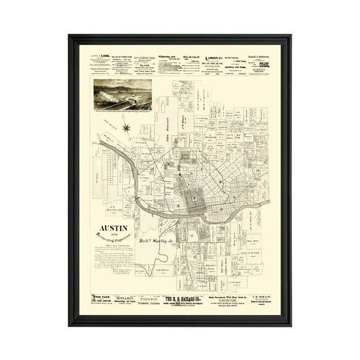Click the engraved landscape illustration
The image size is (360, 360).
click(122, 94)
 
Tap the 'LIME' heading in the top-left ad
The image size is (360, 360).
click(106, 57)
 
